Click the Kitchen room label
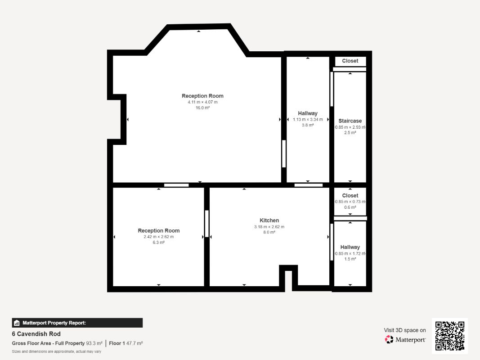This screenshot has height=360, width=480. (269, 220)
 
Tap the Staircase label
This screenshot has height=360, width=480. (350, 121)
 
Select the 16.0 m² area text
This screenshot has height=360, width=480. (202, 108)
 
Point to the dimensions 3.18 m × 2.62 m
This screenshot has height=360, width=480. (269, 227)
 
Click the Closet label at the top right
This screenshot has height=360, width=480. (350, 61)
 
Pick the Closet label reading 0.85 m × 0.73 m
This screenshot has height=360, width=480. (350, 196)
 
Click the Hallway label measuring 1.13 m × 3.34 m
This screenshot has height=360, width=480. (308, 113)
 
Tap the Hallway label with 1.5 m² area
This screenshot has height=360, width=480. (350, 247)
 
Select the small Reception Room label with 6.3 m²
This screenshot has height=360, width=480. (158, 230)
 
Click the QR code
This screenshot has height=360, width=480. (450, 336)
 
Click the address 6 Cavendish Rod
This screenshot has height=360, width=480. (36, 333)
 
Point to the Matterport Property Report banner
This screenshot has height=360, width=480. (77, 323)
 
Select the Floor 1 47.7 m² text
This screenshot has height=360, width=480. (126, 343)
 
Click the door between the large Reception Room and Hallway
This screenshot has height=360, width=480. (284, 153)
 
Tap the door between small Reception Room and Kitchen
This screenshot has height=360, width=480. (207, 224)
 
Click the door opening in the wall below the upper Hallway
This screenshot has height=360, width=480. (309, 185)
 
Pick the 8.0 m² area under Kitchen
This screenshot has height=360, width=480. (269, 232)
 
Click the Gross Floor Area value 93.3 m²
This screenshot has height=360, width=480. (94, 343)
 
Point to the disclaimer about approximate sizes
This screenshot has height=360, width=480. (56, 351)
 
